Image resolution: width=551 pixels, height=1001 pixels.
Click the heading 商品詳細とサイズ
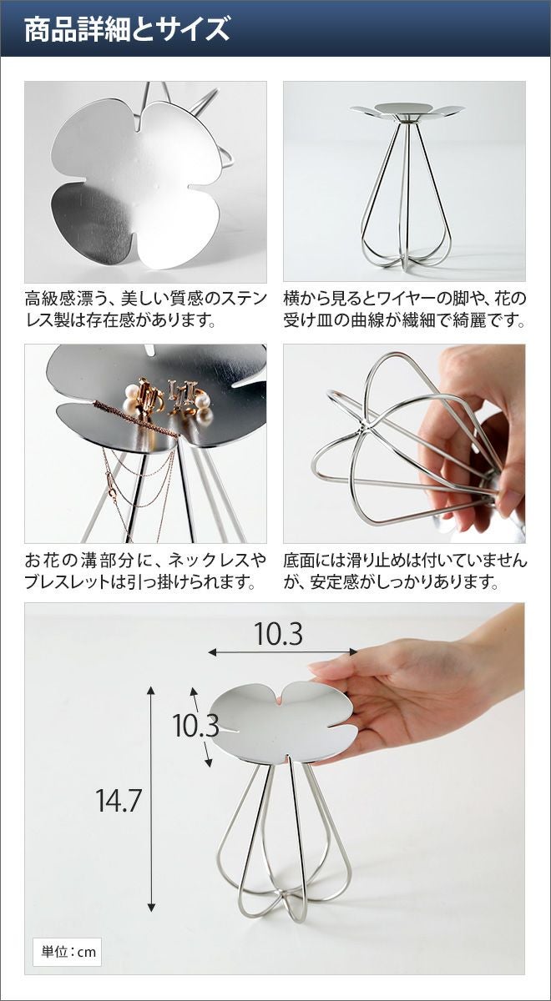(127, 29)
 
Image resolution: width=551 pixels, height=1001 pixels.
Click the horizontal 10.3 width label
(279, 634)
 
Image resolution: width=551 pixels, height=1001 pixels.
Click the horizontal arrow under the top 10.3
(283, 652)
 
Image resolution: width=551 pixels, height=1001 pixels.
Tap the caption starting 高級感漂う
(146, 309)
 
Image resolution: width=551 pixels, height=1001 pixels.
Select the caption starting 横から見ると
(405, 309)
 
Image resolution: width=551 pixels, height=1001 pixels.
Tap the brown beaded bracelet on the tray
(134, 418)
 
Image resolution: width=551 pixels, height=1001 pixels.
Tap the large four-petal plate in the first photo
(136, 184)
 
